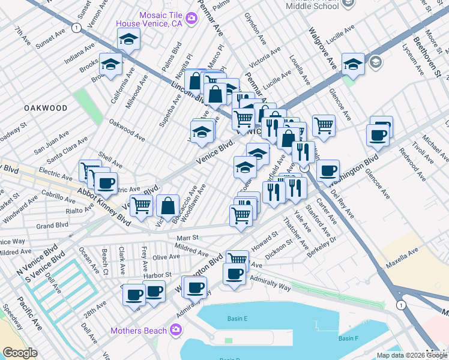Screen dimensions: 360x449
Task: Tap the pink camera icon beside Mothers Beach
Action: tap(175, 329)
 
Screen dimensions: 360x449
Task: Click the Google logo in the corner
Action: tap(20, 353)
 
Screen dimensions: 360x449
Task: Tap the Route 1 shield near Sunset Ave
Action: tap(76, 28)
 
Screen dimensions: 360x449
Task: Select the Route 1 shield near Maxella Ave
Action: tap(401, 305)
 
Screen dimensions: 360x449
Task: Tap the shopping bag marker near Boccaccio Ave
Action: tap(168, 205)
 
